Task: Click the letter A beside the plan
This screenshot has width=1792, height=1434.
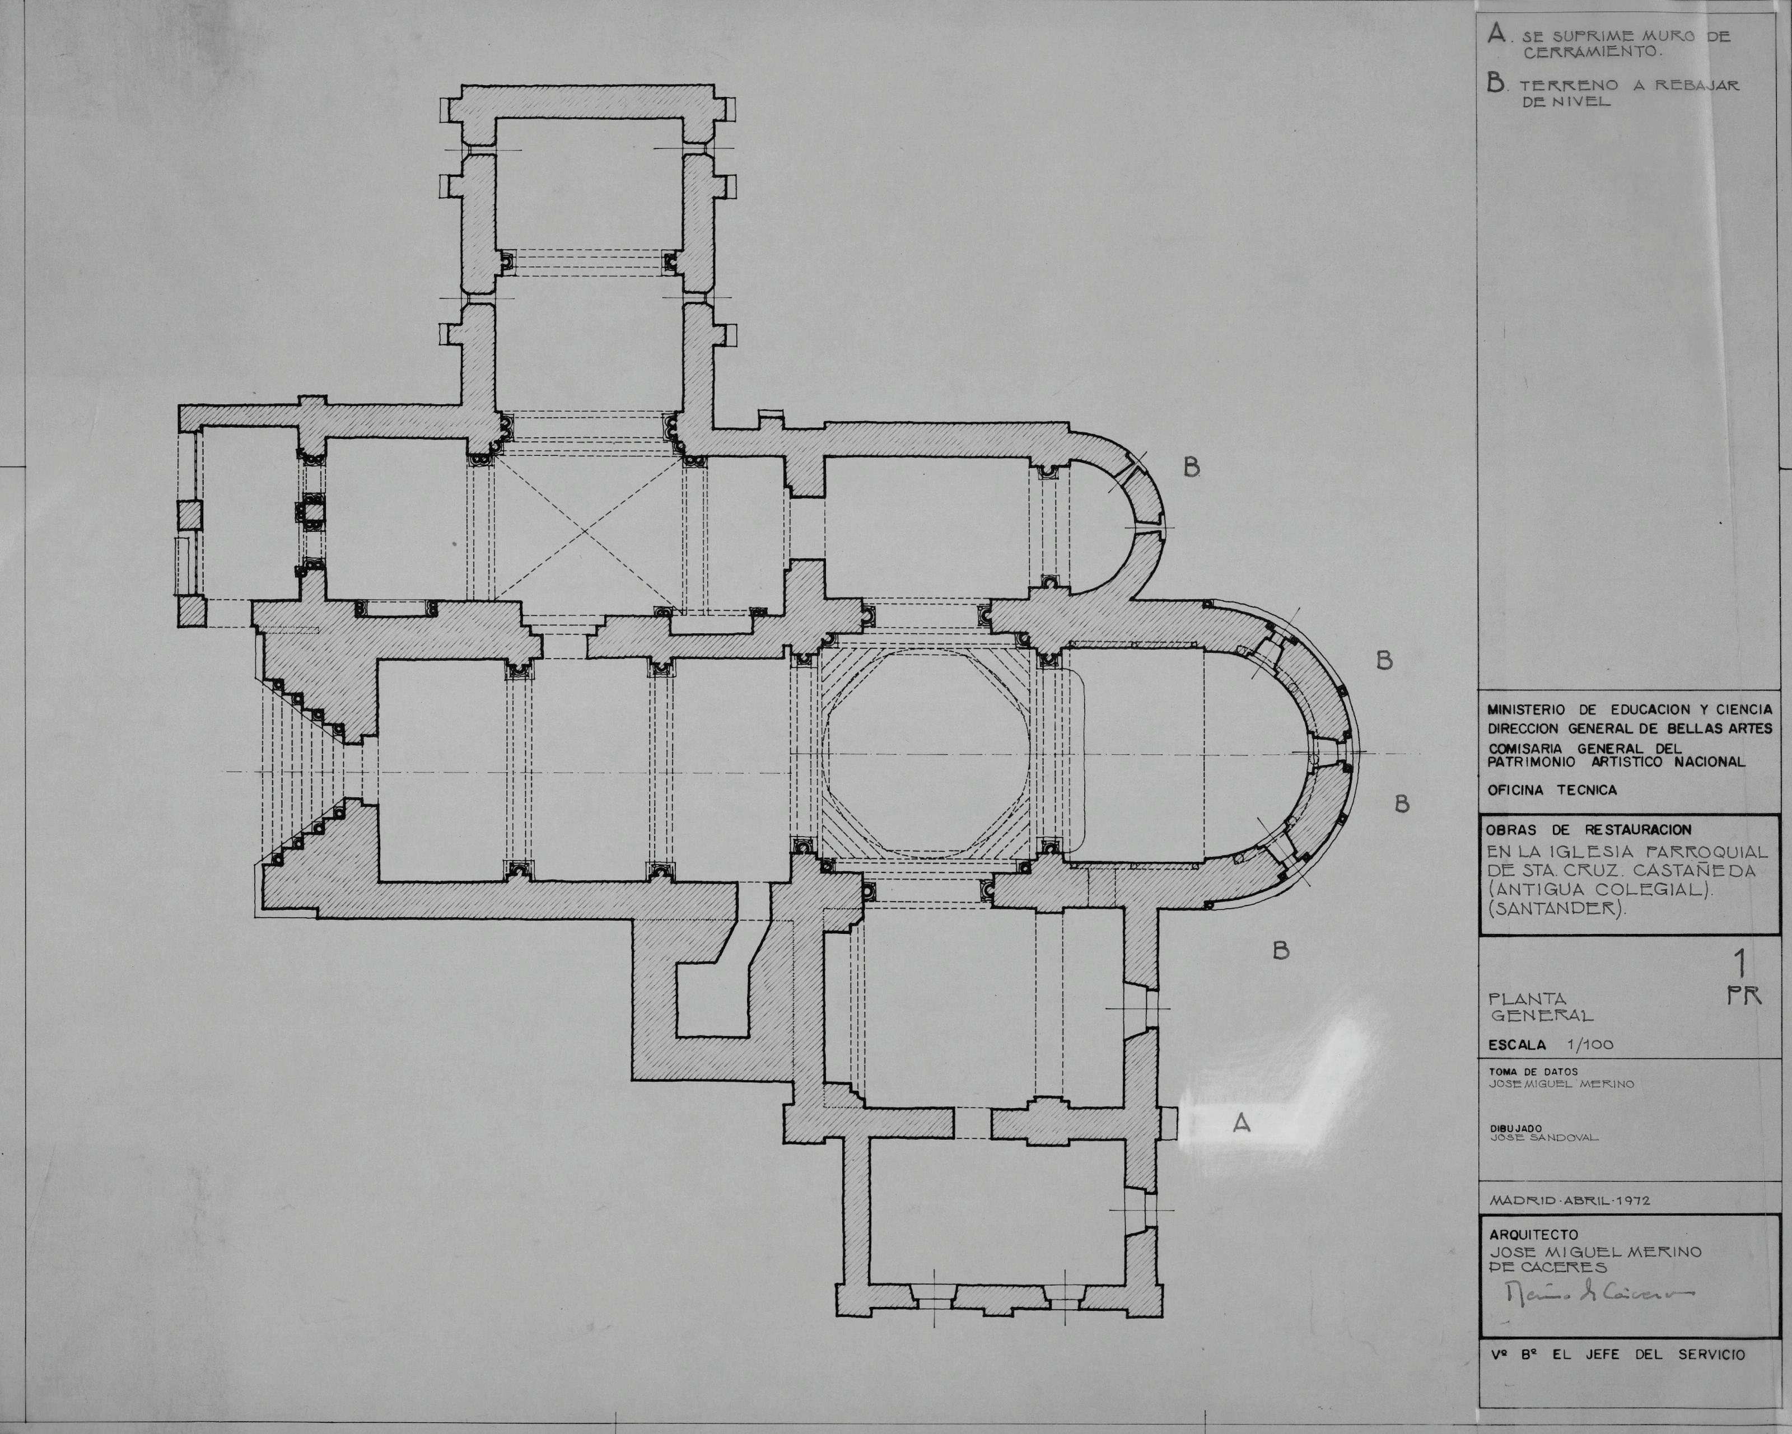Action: [x=1242, y=1124]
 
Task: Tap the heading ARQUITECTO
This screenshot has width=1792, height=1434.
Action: [x=1533, y=1235]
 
